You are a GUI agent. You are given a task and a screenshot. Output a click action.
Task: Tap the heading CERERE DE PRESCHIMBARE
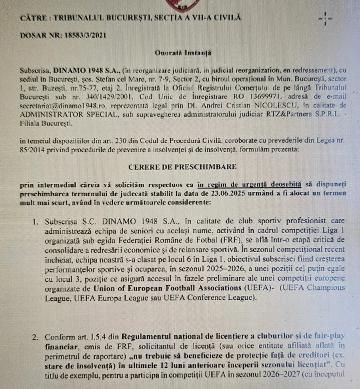(182, 166)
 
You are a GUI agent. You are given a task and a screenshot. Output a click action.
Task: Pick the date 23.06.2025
(229, 193)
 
